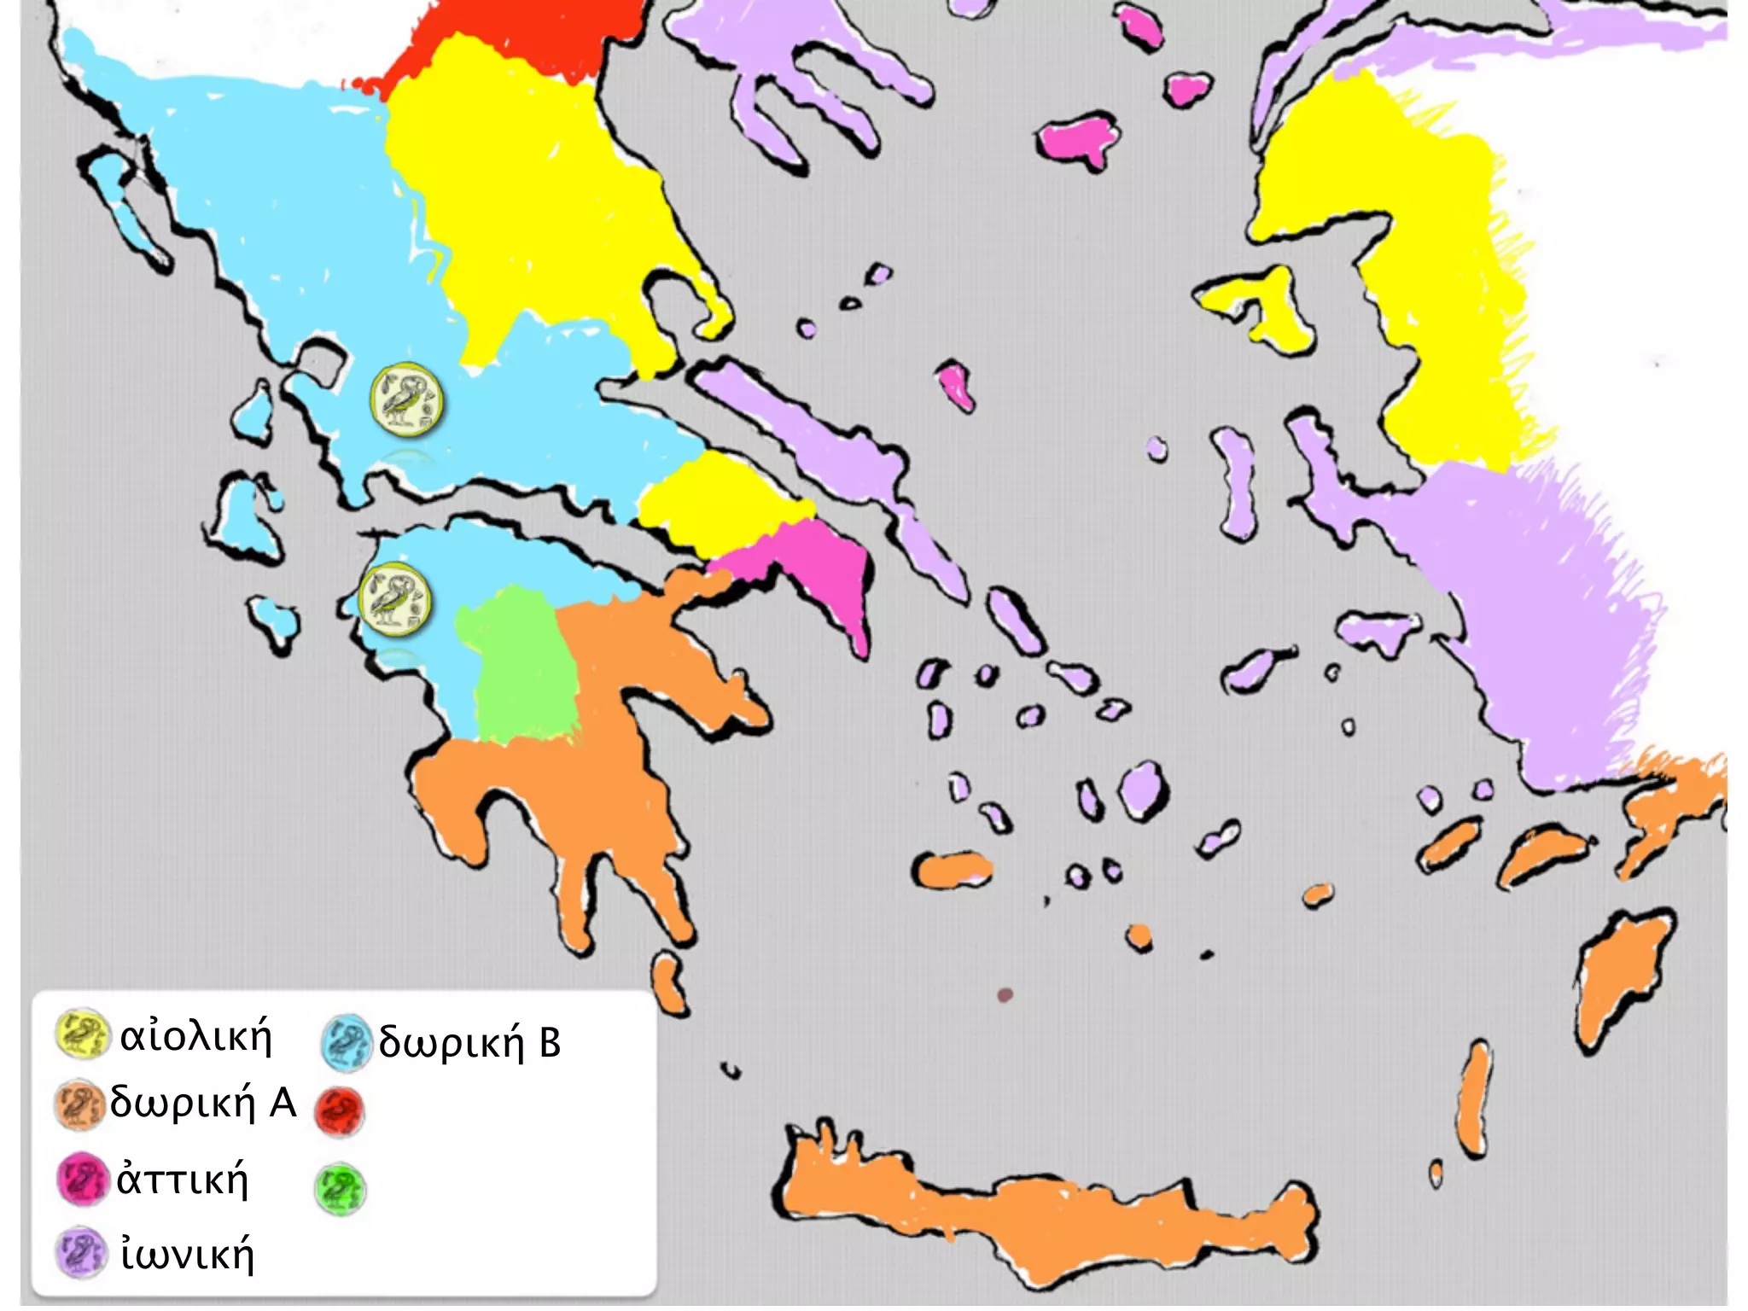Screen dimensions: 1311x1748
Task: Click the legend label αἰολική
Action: (195, 1037)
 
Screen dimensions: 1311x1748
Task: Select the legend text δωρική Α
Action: (203, 1103)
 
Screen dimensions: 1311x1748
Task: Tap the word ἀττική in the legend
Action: (183, 1180)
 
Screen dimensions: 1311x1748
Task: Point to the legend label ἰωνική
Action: (188, 1254)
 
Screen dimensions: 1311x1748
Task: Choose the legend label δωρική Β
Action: (469, 1042)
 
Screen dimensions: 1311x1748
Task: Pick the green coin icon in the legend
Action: (340, 1190)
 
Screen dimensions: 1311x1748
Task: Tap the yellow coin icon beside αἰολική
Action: (81, 1034)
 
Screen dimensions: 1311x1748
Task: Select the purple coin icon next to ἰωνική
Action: (82, 1252)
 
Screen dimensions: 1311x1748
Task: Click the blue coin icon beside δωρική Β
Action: (347, 1041)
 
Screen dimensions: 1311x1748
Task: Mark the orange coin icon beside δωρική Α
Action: (79, 1104)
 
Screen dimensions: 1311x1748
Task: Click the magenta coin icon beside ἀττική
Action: (82, 1179)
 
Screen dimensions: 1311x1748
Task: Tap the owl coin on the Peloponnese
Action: (394, 600)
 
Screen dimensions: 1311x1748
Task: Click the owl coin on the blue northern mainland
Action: (407, 399)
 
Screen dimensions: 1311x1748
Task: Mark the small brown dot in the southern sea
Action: (1005, 994)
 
